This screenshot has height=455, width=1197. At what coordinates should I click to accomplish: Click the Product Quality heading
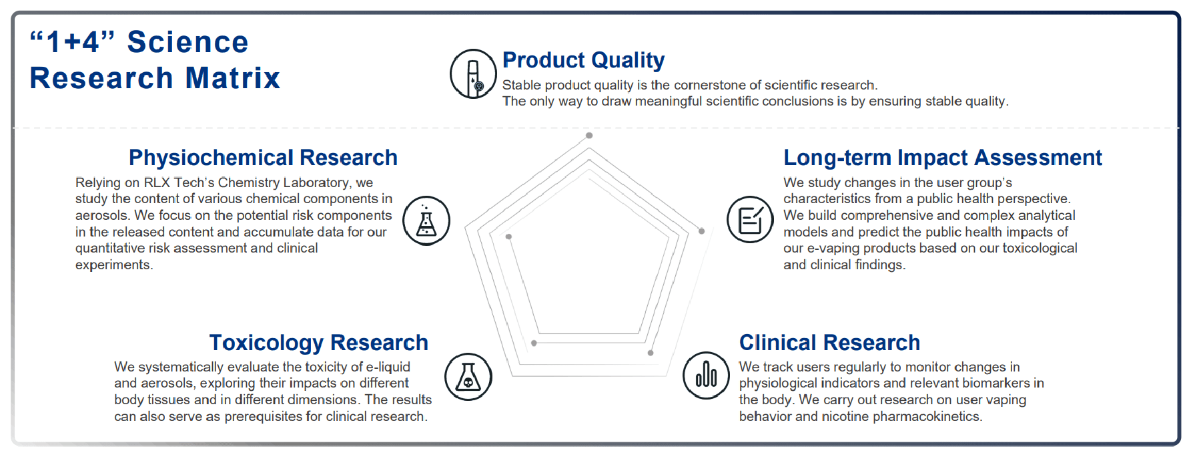583,60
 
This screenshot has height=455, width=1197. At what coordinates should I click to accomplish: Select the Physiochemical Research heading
263,158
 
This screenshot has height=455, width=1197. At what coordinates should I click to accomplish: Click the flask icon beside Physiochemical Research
426,221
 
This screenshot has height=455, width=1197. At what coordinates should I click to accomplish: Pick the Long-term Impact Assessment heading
942,158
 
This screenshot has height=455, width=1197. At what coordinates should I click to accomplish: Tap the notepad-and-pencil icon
750,220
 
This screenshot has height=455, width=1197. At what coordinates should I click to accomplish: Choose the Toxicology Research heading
318,343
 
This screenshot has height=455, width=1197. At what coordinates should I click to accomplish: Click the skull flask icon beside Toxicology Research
468,377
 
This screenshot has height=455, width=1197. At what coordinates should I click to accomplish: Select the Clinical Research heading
829,343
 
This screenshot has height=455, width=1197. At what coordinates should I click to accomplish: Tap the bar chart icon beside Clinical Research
706,375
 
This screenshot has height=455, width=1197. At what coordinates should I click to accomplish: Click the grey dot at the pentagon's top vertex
589,136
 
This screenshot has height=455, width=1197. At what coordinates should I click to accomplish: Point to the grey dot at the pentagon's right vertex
701,231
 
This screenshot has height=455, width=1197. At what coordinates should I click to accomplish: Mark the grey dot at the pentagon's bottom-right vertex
651,353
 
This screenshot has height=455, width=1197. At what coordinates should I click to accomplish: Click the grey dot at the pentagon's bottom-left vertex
534,343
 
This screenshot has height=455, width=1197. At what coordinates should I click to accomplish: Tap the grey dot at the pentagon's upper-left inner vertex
508,237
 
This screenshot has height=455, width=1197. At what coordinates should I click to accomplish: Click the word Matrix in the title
232,78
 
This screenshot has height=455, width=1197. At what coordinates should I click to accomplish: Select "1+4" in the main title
73,42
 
